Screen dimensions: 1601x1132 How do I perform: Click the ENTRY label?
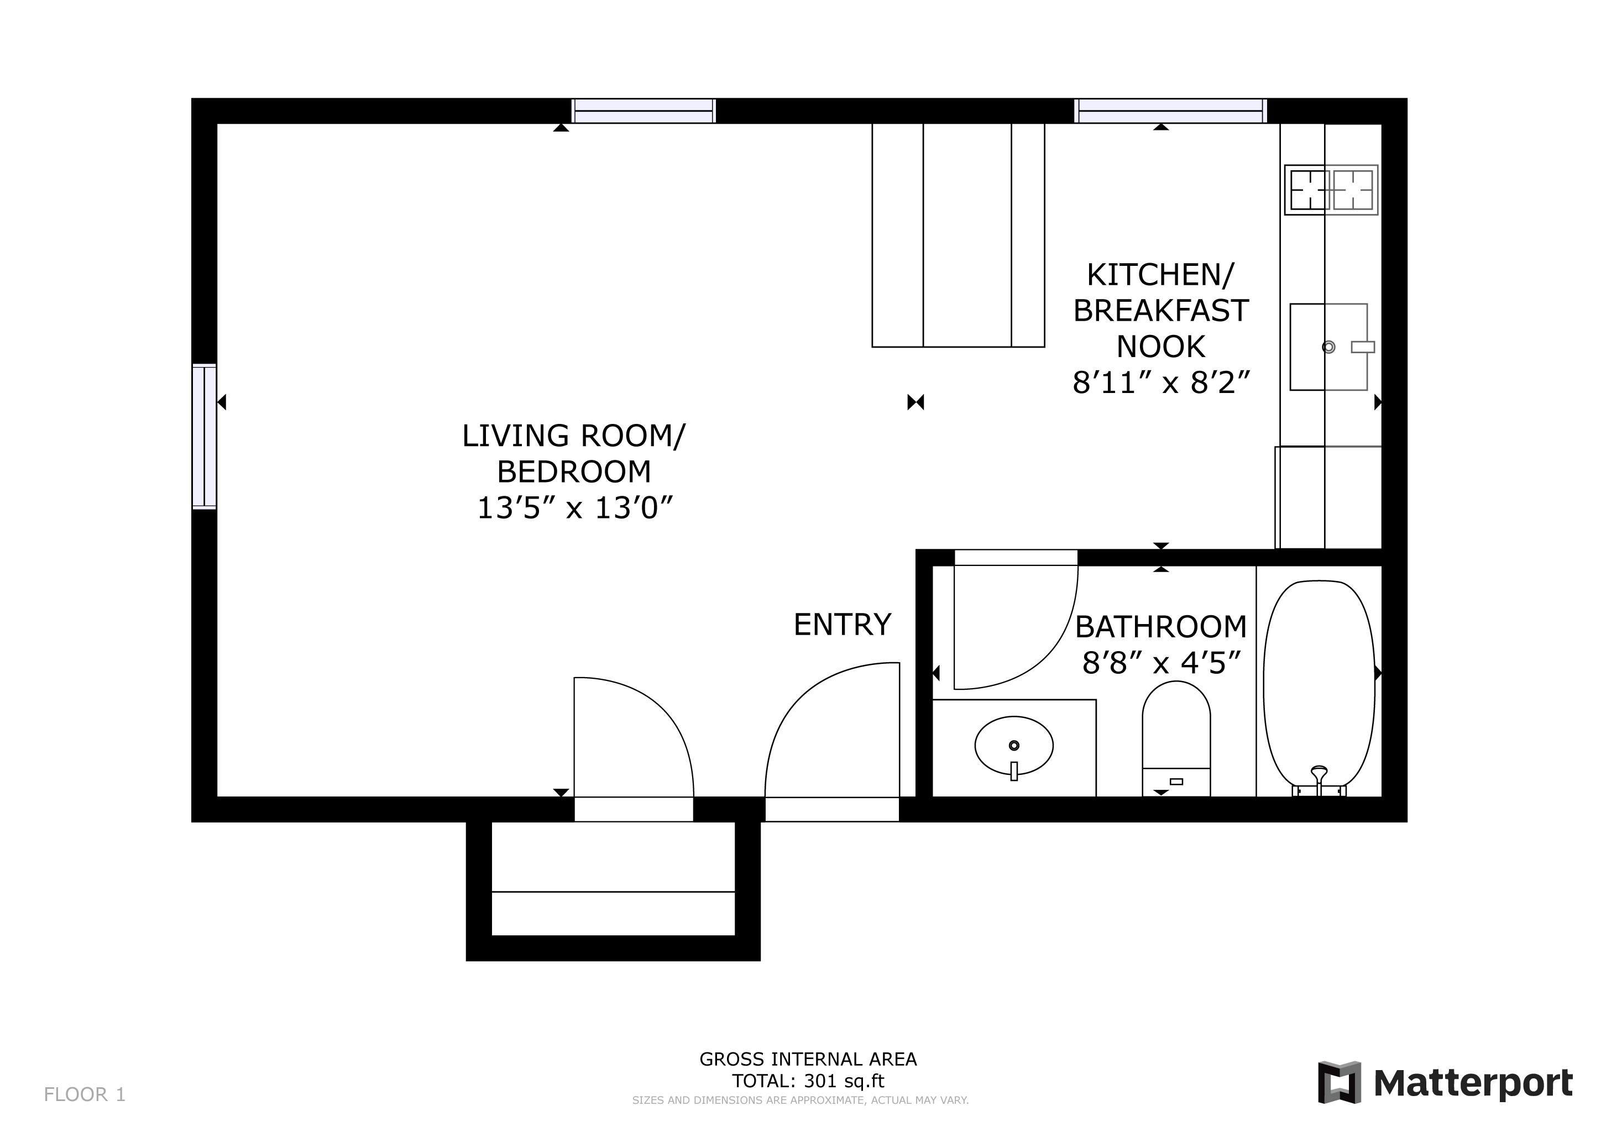(x=843, y=625)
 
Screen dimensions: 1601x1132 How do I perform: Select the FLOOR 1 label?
(x=85, y=1095)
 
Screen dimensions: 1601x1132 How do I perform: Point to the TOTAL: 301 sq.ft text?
(x=808, y=1081)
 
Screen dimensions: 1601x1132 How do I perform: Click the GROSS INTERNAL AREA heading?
(x=808, y=1060)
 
